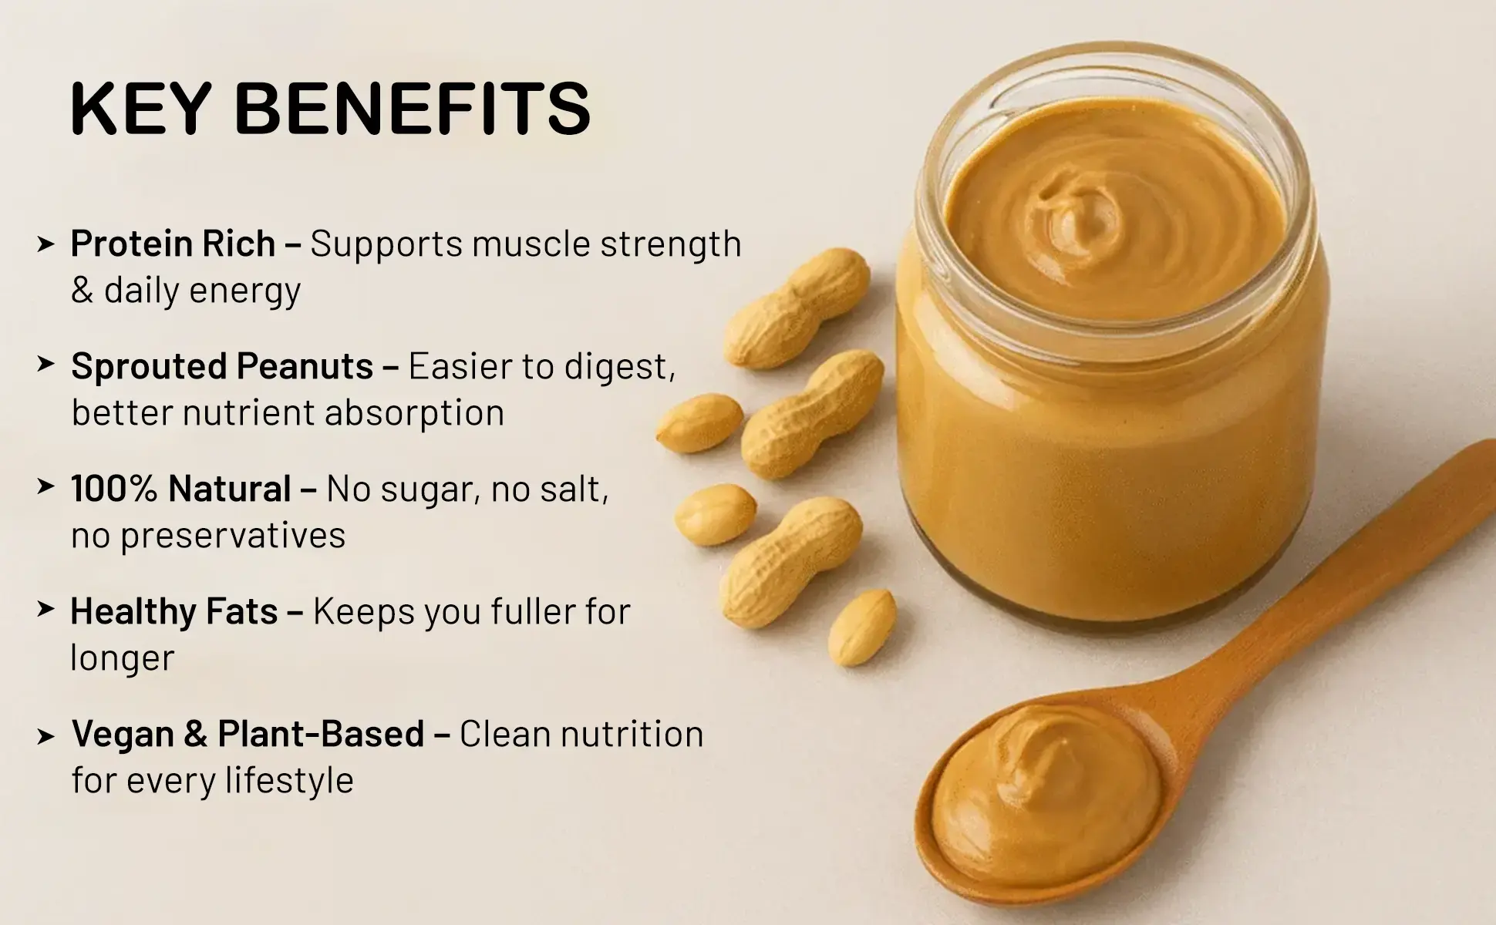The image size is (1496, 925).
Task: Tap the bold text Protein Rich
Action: click(x=173, y=244)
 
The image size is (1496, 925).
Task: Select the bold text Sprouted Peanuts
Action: click(x=222, y=365)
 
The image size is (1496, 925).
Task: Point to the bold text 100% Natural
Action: click(x=180, y=489)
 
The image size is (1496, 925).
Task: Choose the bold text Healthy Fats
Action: click(x=174, y=611)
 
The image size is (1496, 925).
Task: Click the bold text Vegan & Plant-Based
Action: click(x=248, y=734)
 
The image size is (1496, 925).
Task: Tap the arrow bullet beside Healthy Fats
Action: click(x=45, y=610)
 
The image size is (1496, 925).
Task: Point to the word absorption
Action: click(x=414, y=413)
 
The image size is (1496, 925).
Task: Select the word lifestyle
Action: click(x=289, y=780)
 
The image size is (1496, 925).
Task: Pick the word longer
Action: click(x=123, y=658)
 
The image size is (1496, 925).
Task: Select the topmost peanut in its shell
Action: click(x=797, y=308)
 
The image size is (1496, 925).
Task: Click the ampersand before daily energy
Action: click(x=82, y=291)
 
